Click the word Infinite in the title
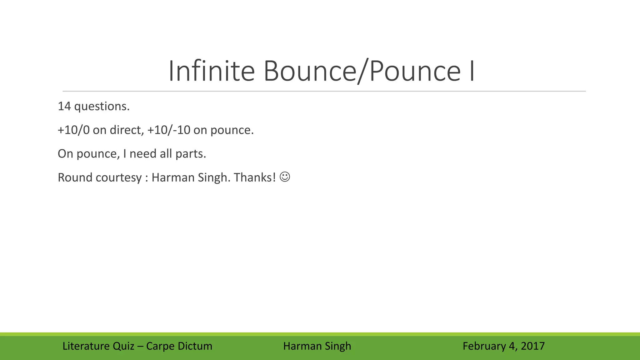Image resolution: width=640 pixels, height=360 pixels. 212,71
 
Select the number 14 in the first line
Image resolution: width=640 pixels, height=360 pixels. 64,107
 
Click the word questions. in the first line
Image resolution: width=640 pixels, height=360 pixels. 102,107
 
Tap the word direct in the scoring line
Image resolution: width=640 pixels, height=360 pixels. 126,130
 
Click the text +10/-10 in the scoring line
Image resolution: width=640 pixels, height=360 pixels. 168,130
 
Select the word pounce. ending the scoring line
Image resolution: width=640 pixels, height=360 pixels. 232,130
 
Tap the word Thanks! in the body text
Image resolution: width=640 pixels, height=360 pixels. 255,177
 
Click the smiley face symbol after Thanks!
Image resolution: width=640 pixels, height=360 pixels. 285,177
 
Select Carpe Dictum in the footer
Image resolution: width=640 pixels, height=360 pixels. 179,346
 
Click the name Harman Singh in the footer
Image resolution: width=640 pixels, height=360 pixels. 317,346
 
